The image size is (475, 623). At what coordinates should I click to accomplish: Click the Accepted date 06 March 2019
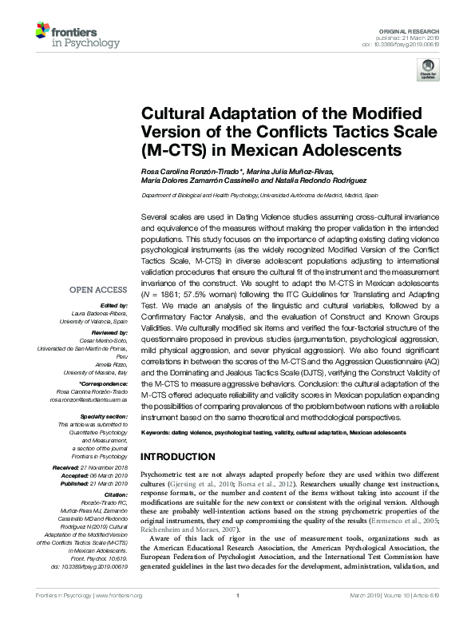[109, 474]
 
